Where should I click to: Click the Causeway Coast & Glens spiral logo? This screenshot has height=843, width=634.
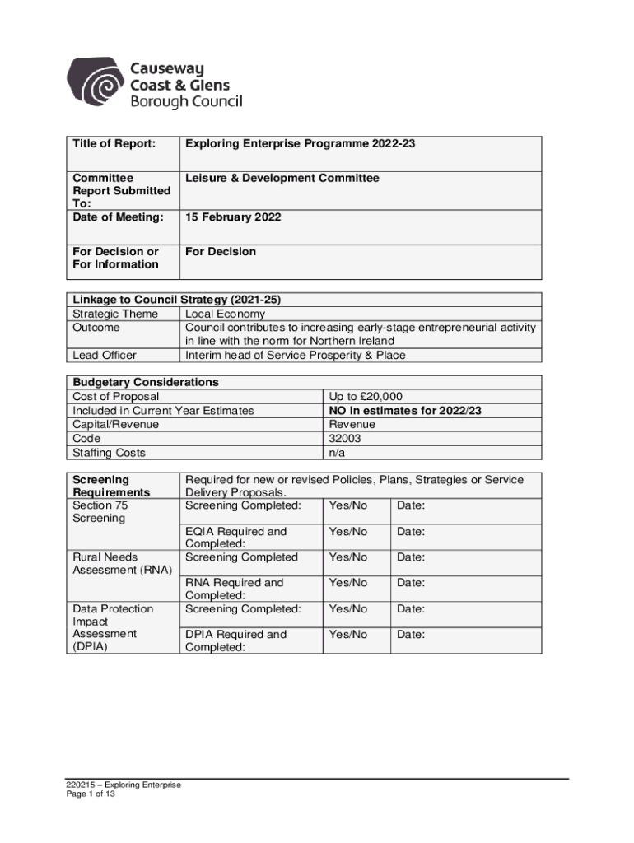pyautogui.click(x=97, y=83)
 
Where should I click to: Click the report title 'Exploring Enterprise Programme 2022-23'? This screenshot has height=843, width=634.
pyautogui.click(x=300, y=144)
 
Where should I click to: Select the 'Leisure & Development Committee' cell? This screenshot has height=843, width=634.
pyautogui.click(x=282, y=178)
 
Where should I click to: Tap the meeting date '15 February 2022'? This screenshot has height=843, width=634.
pyautogui.click(x=233, y=217)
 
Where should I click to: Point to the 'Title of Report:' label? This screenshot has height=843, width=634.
pyautogui.click(x=114, y=144)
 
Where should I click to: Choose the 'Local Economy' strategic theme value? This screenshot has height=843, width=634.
pyautogui.click(x=225, y=314)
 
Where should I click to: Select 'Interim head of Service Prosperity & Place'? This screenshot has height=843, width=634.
pyautogui.click(x=296, y=356)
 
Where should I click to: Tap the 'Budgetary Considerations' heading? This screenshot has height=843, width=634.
pyautogui.click(x=146, y=382)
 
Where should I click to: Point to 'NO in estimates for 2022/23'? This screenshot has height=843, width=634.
pyautogui.click(x=405, y=410)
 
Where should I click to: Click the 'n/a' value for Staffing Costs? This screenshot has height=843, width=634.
pyautogui.click(x=337, y=453)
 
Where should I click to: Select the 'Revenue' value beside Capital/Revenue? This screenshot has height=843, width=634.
pyautogui.click(x=352, y=424)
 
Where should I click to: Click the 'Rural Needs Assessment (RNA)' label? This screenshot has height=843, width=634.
pyautogui.click(x=120, y=563)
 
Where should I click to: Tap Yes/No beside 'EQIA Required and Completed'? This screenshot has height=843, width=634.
pyautogui.click(x=347, y=532)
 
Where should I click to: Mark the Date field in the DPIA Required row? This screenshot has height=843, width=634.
pyautogui.click(x=411, y=635)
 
